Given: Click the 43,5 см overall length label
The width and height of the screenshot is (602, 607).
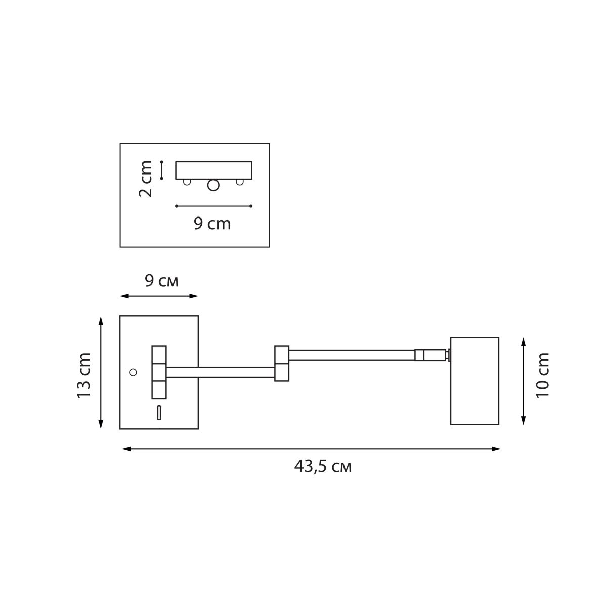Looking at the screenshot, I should (322, 466).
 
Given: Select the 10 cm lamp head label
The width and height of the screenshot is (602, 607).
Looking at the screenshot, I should (542, 374).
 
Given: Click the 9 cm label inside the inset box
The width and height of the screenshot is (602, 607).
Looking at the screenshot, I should (212, 223).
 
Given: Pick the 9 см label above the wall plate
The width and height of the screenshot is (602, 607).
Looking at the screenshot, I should (161, 281).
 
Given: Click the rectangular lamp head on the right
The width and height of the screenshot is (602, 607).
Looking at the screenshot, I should (474, 380).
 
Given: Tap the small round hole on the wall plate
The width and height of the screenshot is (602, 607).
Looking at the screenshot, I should (133, 372).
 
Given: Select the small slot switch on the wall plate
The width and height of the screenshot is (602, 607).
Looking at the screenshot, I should (159, 413).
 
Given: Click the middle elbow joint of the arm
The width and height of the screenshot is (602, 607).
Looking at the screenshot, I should (281, 364).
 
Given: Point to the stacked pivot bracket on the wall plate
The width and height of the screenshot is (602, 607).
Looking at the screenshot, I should (159, 372).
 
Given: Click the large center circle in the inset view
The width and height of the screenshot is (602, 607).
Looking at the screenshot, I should (213, 186).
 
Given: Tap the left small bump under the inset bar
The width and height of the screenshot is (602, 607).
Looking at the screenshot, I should (187, 182).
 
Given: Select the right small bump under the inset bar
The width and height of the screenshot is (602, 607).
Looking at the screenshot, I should (240, 182).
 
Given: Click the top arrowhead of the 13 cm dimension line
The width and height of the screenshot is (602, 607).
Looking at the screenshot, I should (101, 320).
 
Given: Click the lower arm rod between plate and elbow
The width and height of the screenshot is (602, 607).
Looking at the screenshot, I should (221, 373).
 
